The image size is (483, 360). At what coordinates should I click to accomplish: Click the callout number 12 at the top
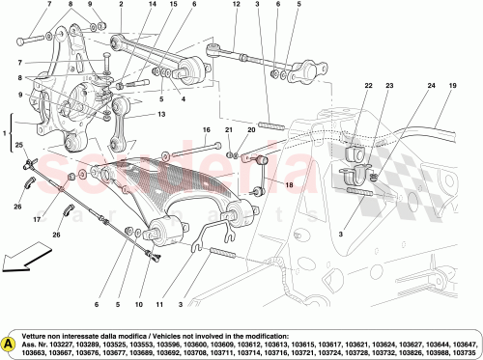236,5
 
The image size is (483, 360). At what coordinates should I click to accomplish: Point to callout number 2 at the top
121,5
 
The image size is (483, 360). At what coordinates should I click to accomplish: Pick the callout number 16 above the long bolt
206,129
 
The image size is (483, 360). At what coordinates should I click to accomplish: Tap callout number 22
368,86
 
